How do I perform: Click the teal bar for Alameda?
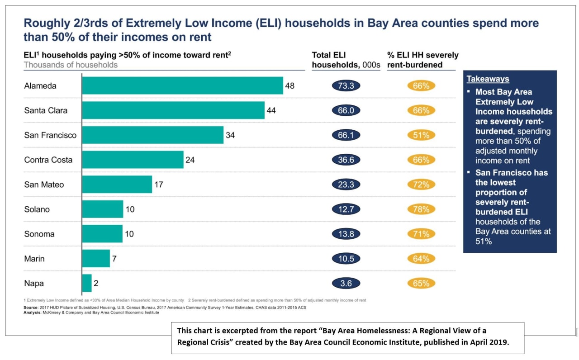182,85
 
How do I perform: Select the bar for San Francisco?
152,135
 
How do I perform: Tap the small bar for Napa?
87,283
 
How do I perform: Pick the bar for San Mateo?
117,185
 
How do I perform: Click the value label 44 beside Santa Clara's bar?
271,110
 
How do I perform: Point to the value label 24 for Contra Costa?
190,160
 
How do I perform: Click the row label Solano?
37,209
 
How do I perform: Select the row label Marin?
34,259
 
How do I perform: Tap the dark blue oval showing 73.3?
346,85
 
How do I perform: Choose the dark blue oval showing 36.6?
346,160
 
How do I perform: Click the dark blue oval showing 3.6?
346,284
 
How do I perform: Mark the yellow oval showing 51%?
421,135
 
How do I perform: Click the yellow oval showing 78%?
421,209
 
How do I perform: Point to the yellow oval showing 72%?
421,185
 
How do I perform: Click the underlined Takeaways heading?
488,79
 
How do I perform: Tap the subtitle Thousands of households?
71,65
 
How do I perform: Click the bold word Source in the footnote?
31,308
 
